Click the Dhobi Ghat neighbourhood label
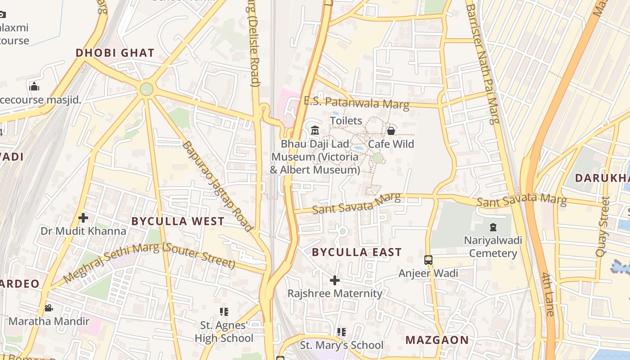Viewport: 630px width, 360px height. coord(115,53)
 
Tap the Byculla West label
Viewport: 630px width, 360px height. coord(178,221)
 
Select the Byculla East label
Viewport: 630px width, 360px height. coord(356,252)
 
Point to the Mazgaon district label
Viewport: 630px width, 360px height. coord(437,340)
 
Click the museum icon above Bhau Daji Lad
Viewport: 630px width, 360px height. coord(315,130)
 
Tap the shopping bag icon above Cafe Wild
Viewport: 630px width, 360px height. coord(391,131)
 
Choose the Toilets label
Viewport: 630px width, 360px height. coord(346,121)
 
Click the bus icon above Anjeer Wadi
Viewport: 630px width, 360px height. coord(428,260)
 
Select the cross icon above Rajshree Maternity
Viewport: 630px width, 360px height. coord(335,280)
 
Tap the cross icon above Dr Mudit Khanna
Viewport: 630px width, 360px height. coord(83,218)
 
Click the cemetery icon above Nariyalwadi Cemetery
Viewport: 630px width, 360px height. coord(493,227)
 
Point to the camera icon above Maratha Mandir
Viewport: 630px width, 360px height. coord(49,308)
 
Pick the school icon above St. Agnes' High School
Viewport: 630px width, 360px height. coord(224,311)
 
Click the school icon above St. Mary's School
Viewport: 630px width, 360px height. coord(342,332)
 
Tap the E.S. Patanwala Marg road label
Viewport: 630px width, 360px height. coord(356,103)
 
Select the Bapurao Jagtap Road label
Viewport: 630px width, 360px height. coord(217,186)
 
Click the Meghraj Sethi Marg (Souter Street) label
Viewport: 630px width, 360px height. coord(149,262)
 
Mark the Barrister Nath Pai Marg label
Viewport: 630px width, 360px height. coord(482,63)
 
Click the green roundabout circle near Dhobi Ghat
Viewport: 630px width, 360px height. coord(146,89)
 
